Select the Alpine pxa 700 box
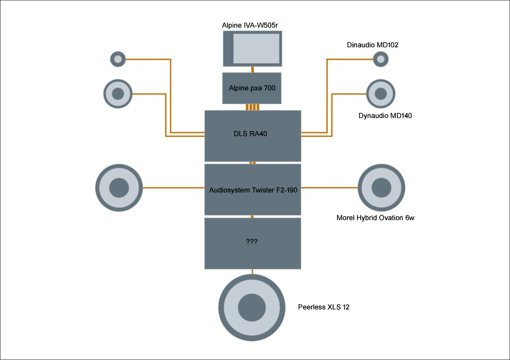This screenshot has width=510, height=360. [252, 88]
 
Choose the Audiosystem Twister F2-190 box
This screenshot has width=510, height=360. [253, 189]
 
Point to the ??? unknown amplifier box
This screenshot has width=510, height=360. [253, 243]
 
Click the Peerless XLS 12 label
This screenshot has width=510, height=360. [324, 307]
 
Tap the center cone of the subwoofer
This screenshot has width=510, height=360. [251, 308]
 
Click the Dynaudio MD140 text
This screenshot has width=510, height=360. [385, 115]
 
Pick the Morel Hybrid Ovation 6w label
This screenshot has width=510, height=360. [375, 217]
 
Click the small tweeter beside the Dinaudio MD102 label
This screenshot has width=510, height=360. [380, 59]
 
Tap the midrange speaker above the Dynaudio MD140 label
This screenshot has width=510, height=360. [380, 94]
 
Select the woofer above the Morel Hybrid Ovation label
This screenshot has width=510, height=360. [381, 187]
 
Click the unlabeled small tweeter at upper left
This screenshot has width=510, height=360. [117, 58]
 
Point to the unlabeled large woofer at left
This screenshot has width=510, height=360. [119, 188]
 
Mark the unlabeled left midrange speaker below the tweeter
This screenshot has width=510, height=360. [118, 94]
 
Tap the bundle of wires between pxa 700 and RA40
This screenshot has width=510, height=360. [252, 107]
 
